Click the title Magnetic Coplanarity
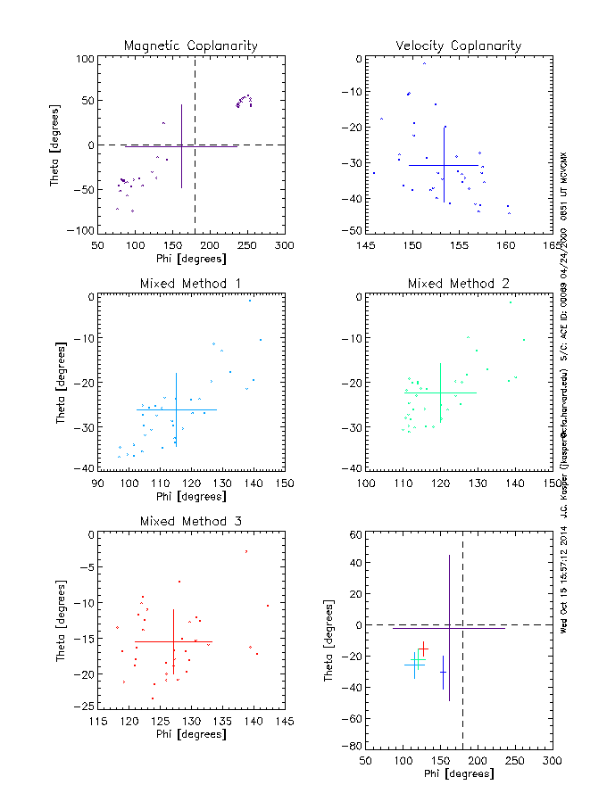coord(191,45)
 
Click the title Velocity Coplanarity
coord(459,45)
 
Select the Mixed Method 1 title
coord(191,284)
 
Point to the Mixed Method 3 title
coord(191,521)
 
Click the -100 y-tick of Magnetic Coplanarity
coord(83,230)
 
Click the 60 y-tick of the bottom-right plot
coord(353,534)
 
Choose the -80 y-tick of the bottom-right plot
coord(351,745)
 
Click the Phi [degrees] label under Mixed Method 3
coord(191,734)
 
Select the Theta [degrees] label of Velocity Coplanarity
coord(327,145)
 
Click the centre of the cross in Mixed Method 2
coord(440,392)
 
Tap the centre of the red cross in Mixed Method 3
coord(174,641)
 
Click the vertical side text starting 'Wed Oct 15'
coord(563,580)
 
